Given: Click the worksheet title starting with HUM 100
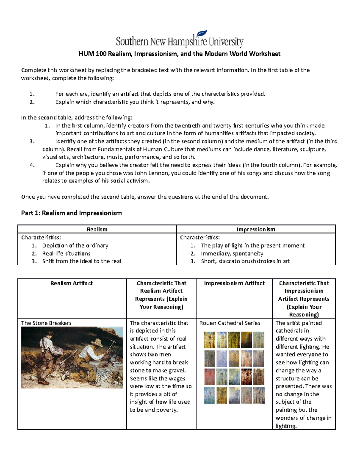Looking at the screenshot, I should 179,54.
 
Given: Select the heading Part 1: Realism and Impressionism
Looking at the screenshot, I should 71,213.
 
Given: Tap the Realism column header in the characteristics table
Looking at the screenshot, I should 97,229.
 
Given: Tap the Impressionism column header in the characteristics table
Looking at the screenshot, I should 256,229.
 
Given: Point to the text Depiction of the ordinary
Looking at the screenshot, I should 75,245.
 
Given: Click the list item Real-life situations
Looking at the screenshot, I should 66,254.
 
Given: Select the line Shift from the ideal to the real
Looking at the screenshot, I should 82,261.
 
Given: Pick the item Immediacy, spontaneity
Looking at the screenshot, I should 232,254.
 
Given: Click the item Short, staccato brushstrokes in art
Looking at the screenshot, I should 245,261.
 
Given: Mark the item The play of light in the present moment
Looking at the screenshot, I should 253,245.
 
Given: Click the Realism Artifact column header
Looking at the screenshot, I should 71,283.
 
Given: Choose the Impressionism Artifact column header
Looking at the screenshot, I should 234,283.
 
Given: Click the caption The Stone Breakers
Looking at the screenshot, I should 46,323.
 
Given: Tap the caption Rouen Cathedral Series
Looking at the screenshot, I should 230,323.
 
